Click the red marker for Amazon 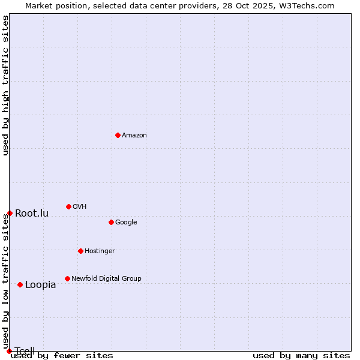(118, 135)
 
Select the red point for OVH (68, 206)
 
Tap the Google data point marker (111, 222)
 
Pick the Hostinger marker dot (80, 251)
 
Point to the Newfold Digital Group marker (67, 278)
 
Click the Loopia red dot (20, 284)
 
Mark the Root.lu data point (10, 213)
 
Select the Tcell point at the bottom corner (9, 351)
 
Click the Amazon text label (134, 135)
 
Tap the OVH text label (79, 206)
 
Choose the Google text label (126, 222)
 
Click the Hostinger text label (100, 251)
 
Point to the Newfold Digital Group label (106, 278)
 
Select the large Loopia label (40, 284)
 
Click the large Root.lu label (32, 213)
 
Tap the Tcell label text (25, 350)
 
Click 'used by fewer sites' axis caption (62, 356)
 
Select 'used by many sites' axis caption (301, 356)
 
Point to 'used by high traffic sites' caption (5, 85)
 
